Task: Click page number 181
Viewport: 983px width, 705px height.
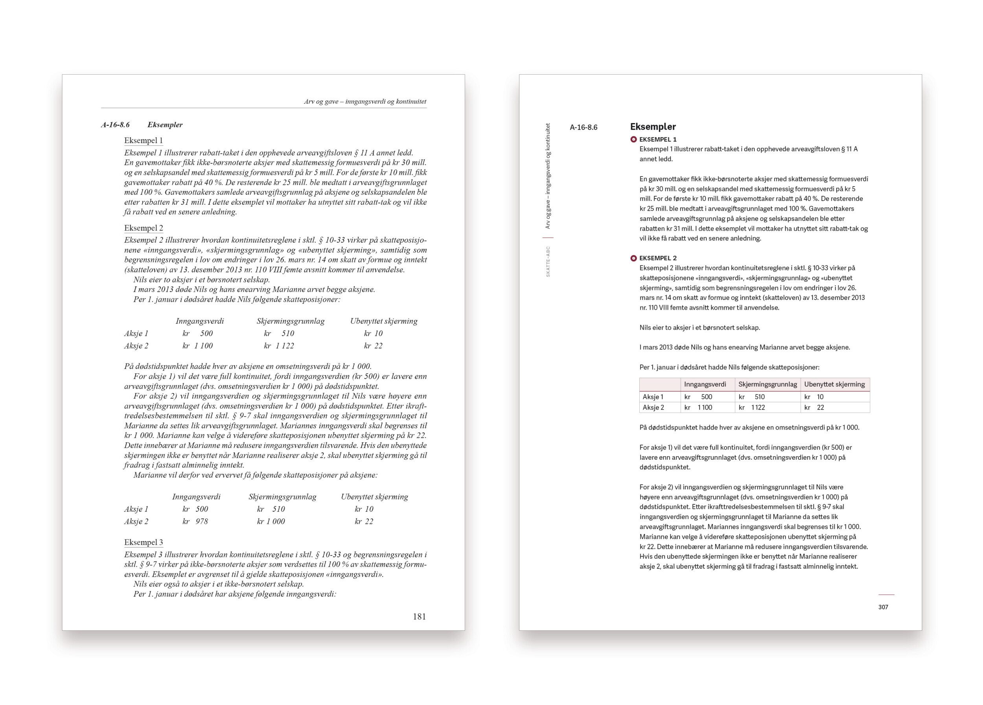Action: tap(419, 616)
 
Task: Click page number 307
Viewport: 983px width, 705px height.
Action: tap(883, 607)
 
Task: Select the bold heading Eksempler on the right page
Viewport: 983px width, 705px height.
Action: tap(653, 127)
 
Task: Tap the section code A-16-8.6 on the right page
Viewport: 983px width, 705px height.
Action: tap(584, 127)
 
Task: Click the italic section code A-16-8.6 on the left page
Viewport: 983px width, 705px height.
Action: tap(115, 125)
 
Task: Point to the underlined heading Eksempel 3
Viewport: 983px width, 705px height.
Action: tap(144, 542)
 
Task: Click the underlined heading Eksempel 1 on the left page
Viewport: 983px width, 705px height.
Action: tap(144, 140)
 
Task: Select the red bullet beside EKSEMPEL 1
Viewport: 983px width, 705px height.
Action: tap(634, 140)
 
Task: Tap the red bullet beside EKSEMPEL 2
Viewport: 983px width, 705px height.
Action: tap(634, 258)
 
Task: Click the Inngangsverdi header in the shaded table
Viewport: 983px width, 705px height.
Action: tap(705, 384)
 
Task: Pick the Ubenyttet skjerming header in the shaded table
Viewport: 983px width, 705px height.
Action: tap(834, 384)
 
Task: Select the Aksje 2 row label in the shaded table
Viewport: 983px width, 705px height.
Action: tap(653, 408)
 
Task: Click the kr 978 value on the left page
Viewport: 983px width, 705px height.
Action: tap(195, 521)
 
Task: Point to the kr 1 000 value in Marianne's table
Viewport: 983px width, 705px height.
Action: tap(271, 521)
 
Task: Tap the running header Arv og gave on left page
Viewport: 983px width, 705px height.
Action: tap(365, 102)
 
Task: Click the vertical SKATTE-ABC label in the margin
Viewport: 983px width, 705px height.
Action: tap(548, 262)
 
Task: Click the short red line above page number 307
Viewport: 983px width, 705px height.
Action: tap(886, 595)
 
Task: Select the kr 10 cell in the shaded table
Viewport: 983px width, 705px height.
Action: tap(814, 397)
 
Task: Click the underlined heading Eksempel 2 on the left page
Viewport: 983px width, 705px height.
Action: tap(144, 228)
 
